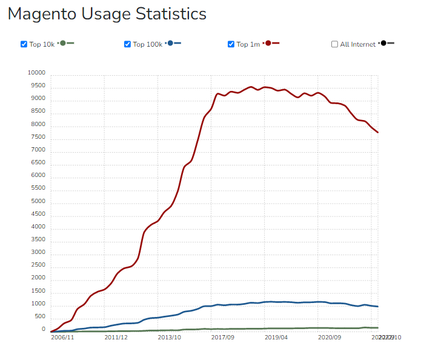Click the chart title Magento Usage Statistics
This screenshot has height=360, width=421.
pyautogui.click(x=107, y=14)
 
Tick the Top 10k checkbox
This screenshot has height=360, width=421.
pyautogui.click(x=24, y=44)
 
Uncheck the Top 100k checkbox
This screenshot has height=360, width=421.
pyautogui.click(x=127, y=44)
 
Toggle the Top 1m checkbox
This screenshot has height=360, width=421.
pyautogui.click(x=231, y=44)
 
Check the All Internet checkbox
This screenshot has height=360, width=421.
pyautogui.click(x=334, y=44)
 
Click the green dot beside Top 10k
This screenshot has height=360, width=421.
pyautogui.click(x=63, y=43)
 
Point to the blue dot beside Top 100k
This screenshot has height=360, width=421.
pyautogui.click(x=170, y=43)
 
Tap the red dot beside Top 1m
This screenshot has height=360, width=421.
pyautogui.click(x=268, y=43)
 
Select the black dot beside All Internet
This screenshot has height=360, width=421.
pyautogui.click(x=383, y=43)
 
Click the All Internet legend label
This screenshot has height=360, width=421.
pyautogui.click(x=357, y=44)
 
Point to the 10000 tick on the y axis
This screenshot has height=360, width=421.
pyautogui.click(x=36, y=73)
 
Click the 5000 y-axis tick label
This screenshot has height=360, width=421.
pyautogui.click(x=38, y=202)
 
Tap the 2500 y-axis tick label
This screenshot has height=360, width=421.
pyautogui.click(x=38, y=265)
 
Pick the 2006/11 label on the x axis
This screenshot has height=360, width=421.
pyautogui.click(x=62, y=337)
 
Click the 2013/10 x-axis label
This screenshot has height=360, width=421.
pyautogui.click(x=169, y=337)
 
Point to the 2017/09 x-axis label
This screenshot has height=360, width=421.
pyautogui.click(x=223, y=337)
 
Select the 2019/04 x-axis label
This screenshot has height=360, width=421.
pyautogui.click(x=276, y=337)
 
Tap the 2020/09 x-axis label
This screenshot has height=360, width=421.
pyautogui.click(x=330, y=337)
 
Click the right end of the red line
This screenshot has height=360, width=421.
pyautogui.click(x=378, y=132)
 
